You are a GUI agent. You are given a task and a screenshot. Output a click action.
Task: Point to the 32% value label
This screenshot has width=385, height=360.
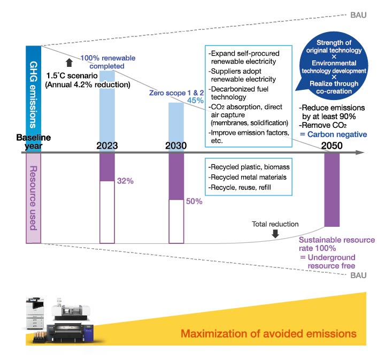[125, 181]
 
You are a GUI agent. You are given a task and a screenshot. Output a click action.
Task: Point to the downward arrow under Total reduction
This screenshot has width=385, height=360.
[275, 234]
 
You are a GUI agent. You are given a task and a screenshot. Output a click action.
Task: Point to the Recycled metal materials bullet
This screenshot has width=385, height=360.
[243, 177]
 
